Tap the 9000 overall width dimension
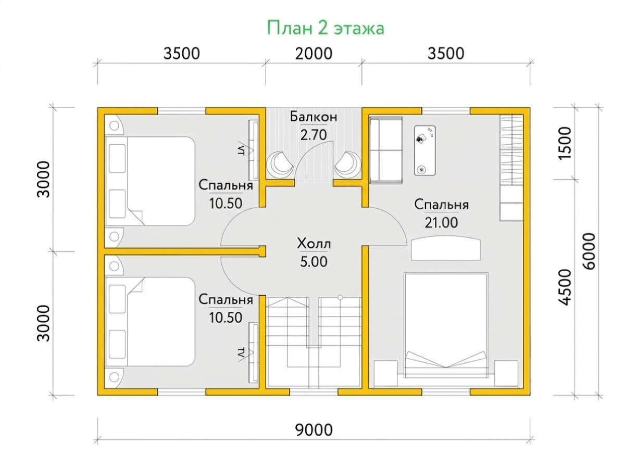click(314, 429)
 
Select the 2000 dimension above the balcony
click(314, 54)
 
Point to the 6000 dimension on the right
click(589, 251)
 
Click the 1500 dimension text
click(565, 144)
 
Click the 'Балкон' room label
click(314, 117)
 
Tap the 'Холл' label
click(314, 244)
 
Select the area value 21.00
click(441, 223)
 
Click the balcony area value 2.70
click(314, 135)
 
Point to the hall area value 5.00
click(314, 262)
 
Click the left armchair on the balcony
click(281, 165)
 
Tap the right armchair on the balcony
click(346, 165)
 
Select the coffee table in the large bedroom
click(424, 150)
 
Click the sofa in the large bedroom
click(386, 150)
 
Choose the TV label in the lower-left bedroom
click(242, 354)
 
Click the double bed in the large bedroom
click(446, 325)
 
